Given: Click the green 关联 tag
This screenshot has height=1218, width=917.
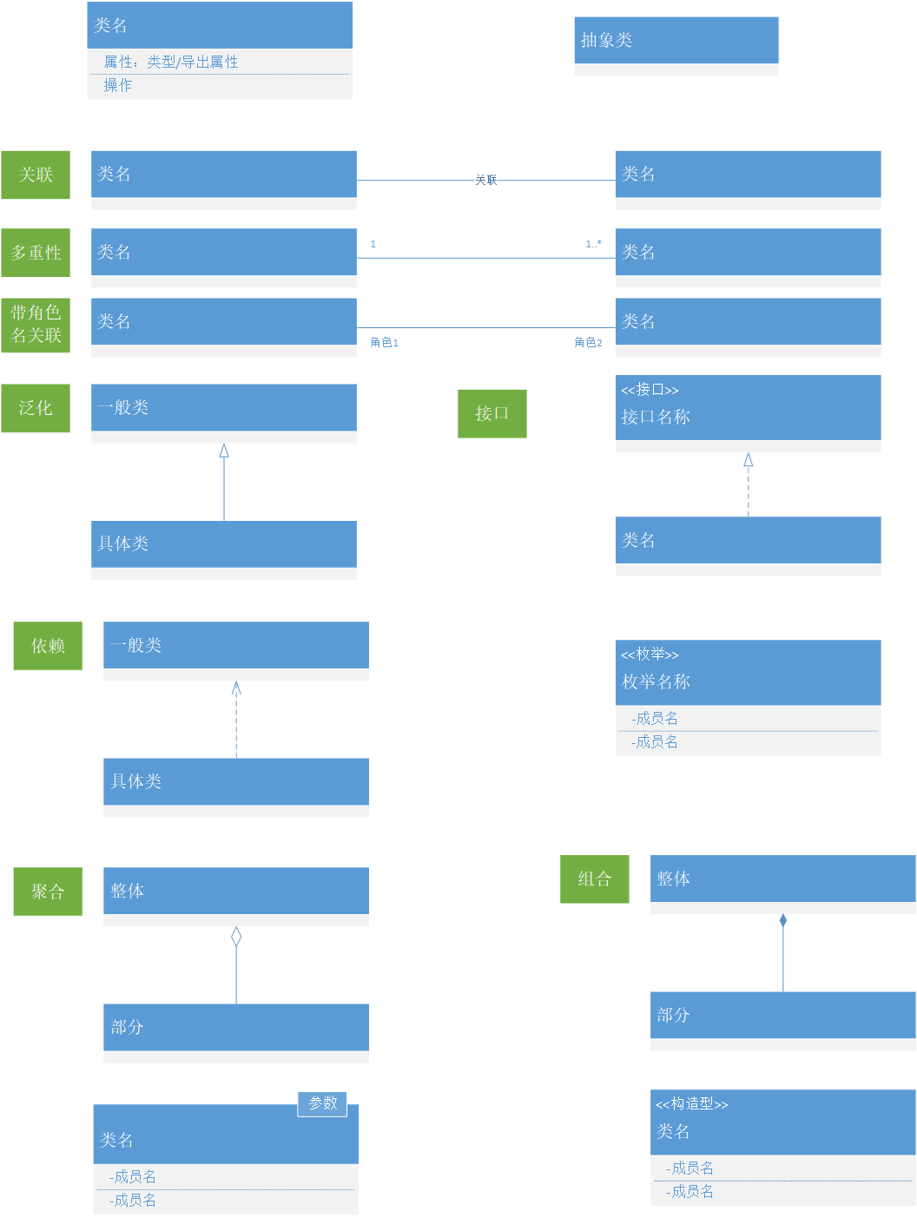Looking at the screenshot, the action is (36, 174).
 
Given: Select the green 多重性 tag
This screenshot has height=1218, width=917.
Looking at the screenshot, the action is (36, 253).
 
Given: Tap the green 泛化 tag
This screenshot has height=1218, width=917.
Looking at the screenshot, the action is (36, 408).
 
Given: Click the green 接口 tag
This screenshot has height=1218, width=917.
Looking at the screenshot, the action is (491, 413).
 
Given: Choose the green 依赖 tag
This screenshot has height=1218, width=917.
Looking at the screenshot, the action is (48, 646).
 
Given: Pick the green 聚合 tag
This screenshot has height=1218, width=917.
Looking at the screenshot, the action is (48, 892).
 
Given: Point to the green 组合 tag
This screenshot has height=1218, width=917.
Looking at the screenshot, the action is (594, 879).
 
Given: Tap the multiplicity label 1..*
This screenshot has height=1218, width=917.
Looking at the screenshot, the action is (593, 244).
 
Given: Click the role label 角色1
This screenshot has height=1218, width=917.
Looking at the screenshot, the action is (384, 343).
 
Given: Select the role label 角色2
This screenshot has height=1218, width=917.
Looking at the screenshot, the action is (588, 343).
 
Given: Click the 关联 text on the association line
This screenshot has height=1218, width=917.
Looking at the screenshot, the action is (485, 180).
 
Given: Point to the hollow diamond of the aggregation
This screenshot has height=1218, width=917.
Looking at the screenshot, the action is (236, 937).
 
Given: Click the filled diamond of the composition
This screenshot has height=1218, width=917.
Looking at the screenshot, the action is (783, 920).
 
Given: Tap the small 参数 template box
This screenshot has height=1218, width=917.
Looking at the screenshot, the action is (322, 1103).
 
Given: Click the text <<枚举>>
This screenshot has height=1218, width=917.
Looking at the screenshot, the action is (650, 655).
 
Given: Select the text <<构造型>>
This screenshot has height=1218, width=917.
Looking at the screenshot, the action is (691, 1104).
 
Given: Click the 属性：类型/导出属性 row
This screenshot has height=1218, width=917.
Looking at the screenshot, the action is (171, 62).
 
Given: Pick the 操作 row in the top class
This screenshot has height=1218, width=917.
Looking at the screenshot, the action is (118, 85).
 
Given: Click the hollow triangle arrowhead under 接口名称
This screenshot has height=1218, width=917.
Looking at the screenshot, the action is (748, 460).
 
